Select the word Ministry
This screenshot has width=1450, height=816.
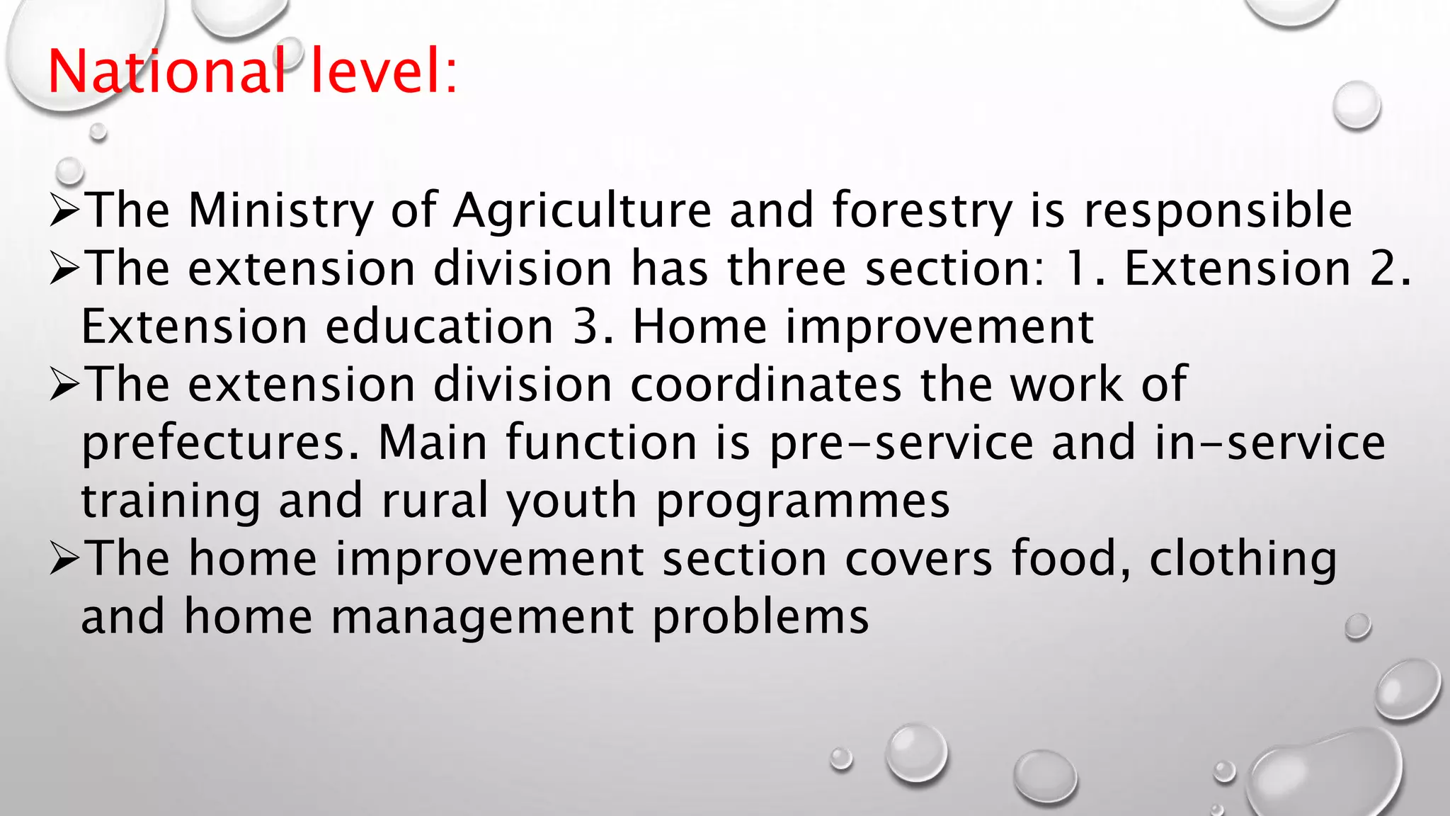click(x=280, y=211)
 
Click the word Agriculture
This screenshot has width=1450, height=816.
click(x=582, y=211)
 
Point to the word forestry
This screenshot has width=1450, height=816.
click(x=922, y=211)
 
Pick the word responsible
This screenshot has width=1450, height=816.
click(x=1218, y=211)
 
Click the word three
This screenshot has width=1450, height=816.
click(x=786, y=269)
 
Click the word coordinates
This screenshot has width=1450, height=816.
click(x=766, y=385)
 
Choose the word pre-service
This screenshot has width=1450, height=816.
click(x=901, y=443)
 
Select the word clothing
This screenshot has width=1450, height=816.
click(x=1243, y=560)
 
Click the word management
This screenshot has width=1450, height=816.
click(x=482, y=618)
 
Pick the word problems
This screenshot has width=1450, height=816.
click(x=760, y=618)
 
